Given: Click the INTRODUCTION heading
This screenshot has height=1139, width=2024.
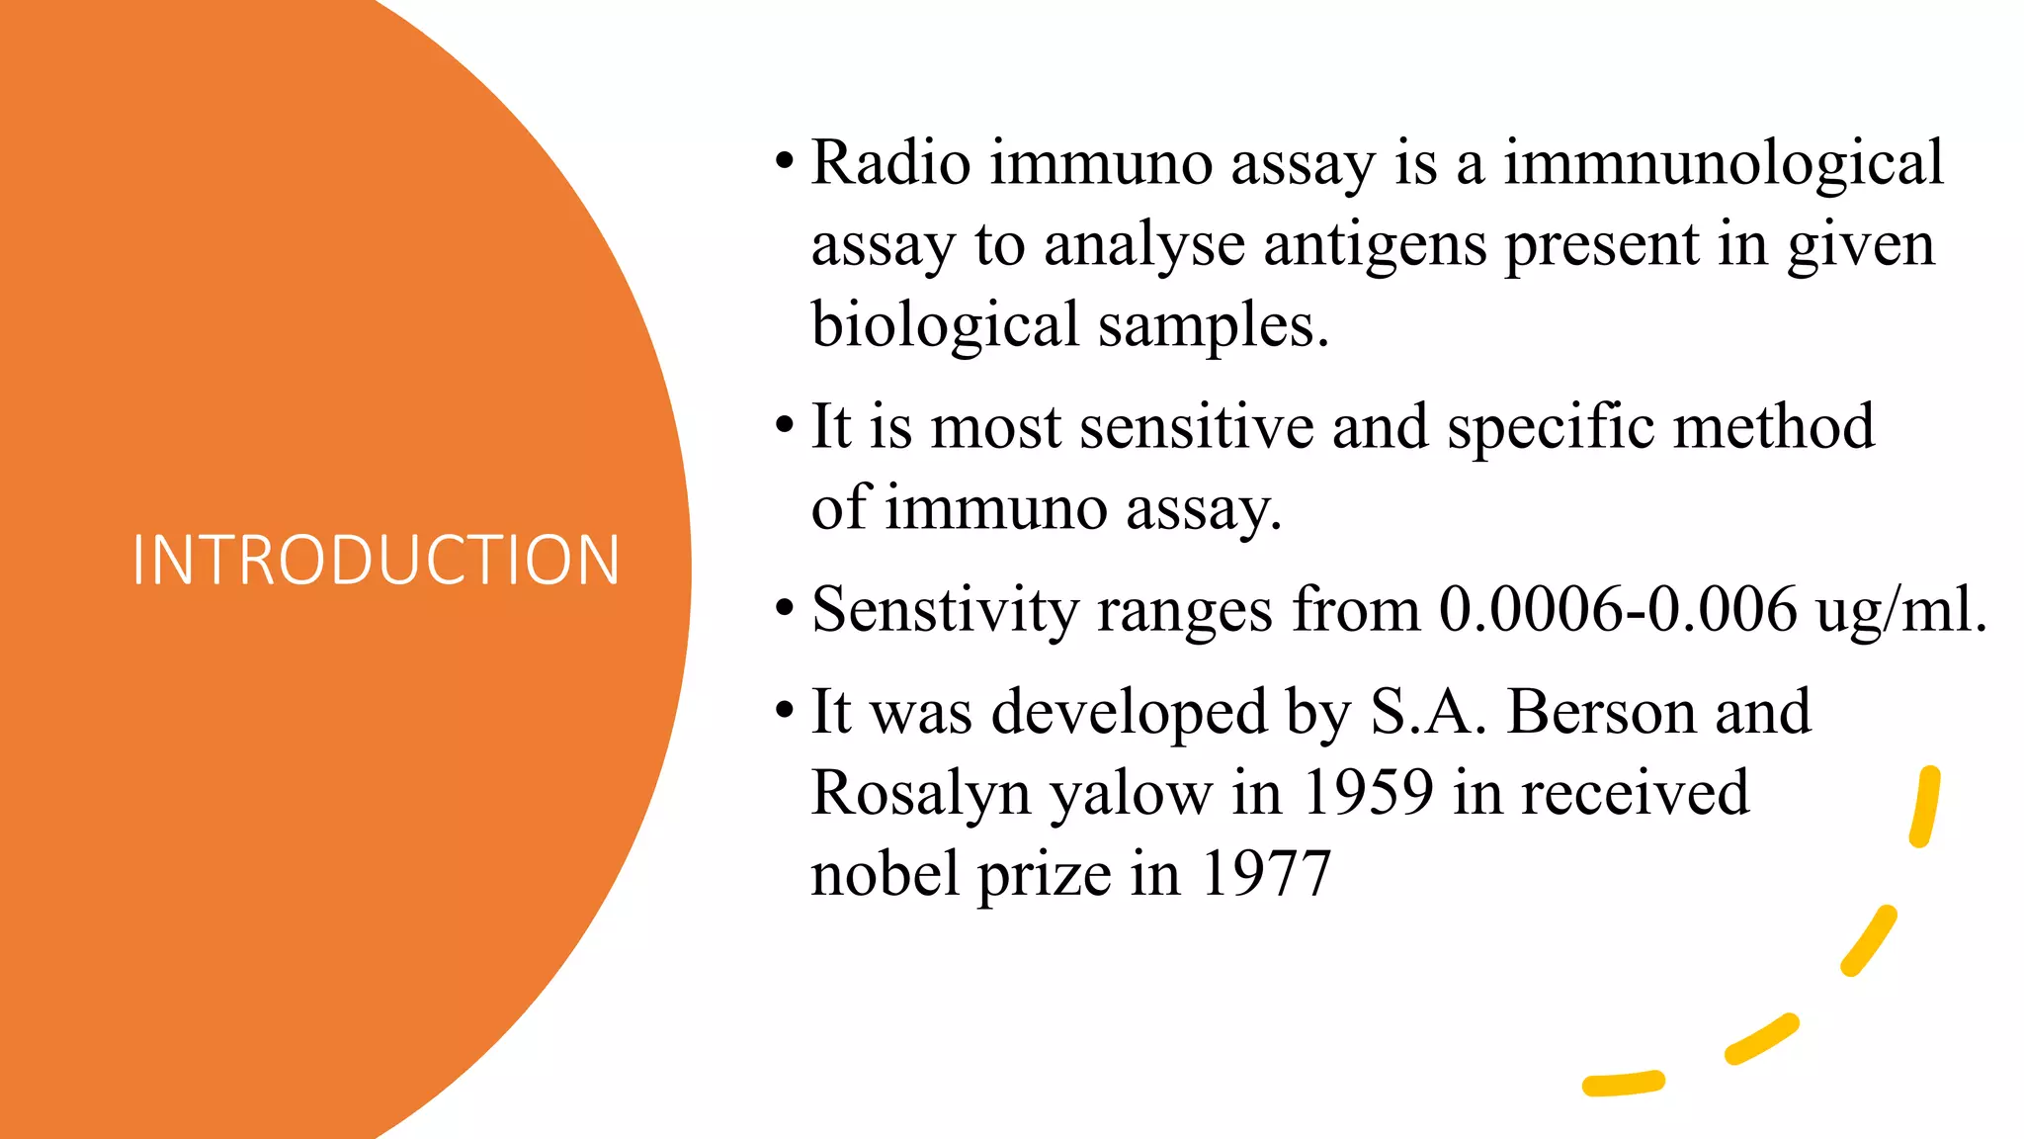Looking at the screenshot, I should coord(377,561).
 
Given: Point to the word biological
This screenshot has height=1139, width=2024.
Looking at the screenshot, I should coord(945,325).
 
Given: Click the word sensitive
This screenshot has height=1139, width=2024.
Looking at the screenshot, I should coord(1196,427).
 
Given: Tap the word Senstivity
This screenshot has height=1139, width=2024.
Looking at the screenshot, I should coord(945,610).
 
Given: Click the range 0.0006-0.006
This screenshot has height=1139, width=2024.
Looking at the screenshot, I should coord(1617,610).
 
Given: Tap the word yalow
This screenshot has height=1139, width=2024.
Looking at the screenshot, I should coord(1131,793).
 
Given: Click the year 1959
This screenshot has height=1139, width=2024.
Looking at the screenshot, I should coord(1367,793).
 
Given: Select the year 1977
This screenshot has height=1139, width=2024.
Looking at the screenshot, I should coord(1266,874).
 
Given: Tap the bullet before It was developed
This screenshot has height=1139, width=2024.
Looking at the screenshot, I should coord(785,711).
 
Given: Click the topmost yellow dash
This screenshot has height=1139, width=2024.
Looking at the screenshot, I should coord(1924,807).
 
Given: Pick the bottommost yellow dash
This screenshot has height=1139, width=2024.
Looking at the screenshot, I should coord(1623,1084).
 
